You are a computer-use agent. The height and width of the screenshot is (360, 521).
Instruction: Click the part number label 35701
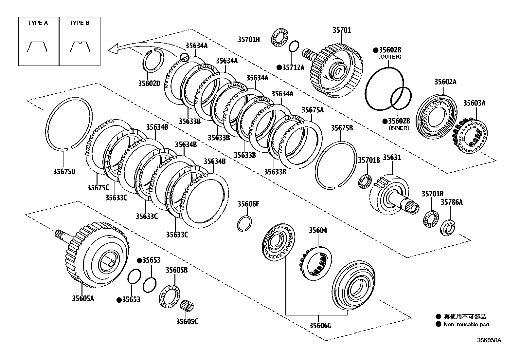tap(342, 30)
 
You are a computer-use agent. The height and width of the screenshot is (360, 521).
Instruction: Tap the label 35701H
tap(249, 40)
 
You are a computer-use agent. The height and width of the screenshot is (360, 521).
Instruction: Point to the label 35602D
tap(149, 83)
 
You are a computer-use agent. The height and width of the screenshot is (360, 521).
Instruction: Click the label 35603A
tap(474, 103)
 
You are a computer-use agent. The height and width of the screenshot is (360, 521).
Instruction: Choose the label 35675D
tap(64, 171)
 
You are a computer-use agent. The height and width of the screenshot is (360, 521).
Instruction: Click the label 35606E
tap(248, 204)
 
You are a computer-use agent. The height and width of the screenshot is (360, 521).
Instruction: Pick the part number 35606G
tap(320, 325)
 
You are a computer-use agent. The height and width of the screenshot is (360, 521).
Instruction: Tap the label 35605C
tap(187, 321)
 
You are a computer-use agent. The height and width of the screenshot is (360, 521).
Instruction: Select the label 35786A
tap(452, 202)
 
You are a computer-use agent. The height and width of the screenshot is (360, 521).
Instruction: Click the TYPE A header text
tap(38, 23)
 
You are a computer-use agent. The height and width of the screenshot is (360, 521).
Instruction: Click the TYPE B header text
tap(80, 23)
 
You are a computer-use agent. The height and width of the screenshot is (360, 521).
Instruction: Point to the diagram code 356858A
tap(489, 340)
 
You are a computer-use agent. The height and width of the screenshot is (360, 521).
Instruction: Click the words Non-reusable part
tap(467, 324)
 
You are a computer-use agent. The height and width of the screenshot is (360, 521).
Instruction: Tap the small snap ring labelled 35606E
tap(244, 223)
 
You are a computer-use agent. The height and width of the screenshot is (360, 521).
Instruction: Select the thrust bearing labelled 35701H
tap(278, 38)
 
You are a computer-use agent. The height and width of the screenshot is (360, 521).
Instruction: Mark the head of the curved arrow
tap(113, 49)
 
